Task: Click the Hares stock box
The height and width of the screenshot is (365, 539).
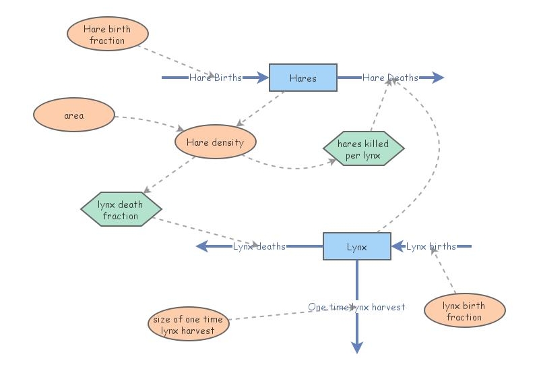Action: pyautogui.click(x=303, y=78)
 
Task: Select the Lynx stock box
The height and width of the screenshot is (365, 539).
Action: pyautogui.click(x=356, y=246)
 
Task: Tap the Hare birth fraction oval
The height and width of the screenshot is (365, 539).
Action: pyautogui.click(x=108, y=34)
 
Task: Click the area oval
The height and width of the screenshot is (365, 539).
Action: pyautogui.click(x=74, y=115)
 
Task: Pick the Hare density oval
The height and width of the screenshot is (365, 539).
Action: pyautogui.click(x=215, y=142)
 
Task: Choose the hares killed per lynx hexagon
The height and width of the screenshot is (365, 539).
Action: pyautogui.click(x=363, y=149)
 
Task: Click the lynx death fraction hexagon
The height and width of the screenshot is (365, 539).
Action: pyautogui.click(x=121, y=210)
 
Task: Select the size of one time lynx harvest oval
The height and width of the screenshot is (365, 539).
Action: pyautogui.click(x=188, y=325)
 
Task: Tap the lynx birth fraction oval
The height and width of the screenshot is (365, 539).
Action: pyautogui.click(x=464, y=311)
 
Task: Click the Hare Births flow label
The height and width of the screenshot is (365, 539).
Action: pyautogui.click(x=215, y=78)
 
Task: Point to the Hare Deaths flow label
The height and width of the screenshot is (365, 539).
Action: pyautogui.click(x=390, y=78)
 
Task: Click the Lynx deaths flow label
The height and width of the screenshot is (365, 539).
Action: pyautogui.click(x=259, y=246)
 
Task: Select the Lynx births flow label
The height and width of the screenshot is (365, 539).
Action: pyautogui.click(x=431, y=246)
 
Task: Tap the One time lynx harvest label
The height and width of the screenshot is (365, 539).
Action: pyautogui.click(x=356, y=307)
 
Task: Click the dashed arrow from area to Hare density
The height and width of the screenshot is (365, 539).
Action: pyautogui.click(x=152, y=121)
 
